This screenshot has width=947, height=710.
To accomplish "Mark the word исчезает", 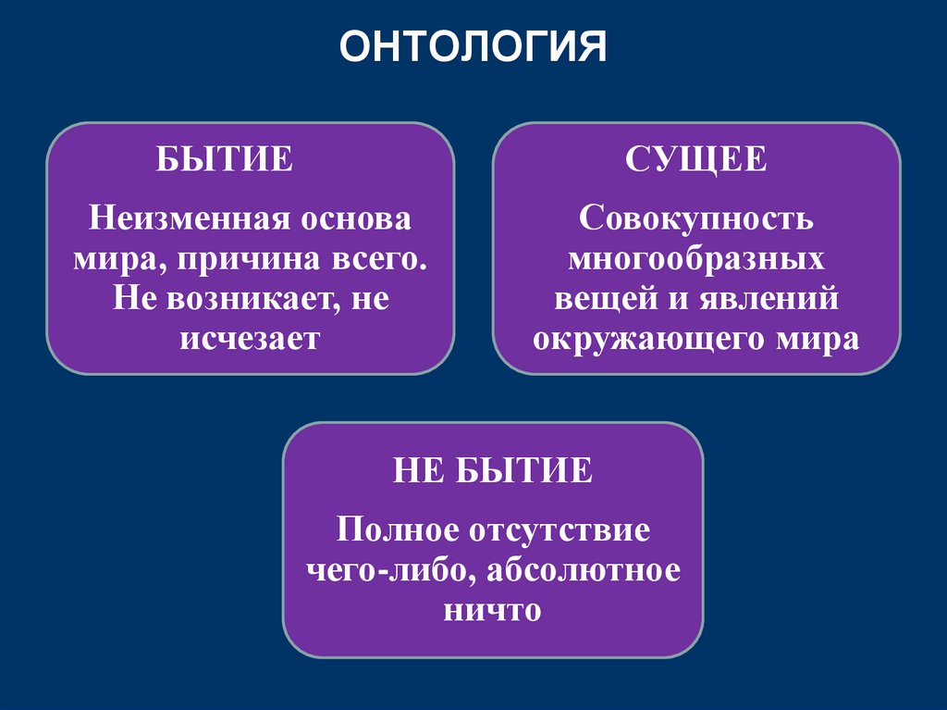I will pos(250,338).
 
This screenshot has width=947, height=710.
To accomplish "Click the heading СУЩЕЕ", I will pos(695,159).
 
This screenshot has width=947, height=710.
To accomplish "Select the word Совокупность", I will pos(696,220).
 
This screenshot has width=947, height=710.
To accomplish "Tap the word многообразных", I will pos(696,260).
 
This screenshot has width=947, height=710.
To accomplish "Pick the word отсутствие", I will pos(555,532).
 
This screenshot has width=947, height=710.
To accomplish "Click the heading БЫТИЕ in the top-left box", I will pos(225,159).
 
